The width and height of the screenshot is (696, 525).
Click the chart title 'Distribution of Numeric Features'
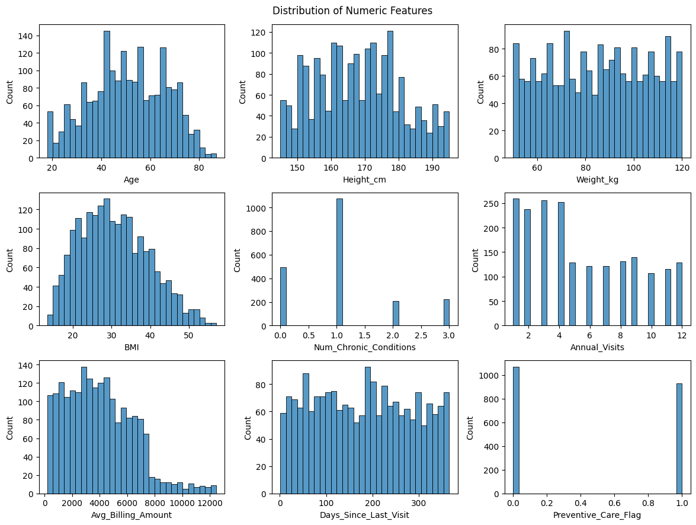(x=352, y=11)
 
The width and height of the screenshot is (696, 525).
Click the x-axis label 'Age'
(x=131, y=180)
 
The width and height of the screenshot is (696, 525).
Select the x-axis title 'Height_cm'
(x=364, y=180)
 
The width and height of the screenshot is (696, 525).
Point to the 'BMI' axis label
(x=131, y=347)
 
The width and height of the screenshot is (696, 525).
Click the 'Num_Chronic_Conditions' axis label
(x=364, y=347)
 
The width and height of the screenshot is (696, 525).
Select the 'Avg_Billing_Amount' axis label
(x=131, y=515)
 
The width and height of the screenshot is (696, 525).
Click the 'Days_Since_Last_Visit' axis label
(x=364, y=515)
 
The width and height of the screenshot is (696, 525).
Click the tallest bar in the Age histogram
(x=107, y=95)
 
